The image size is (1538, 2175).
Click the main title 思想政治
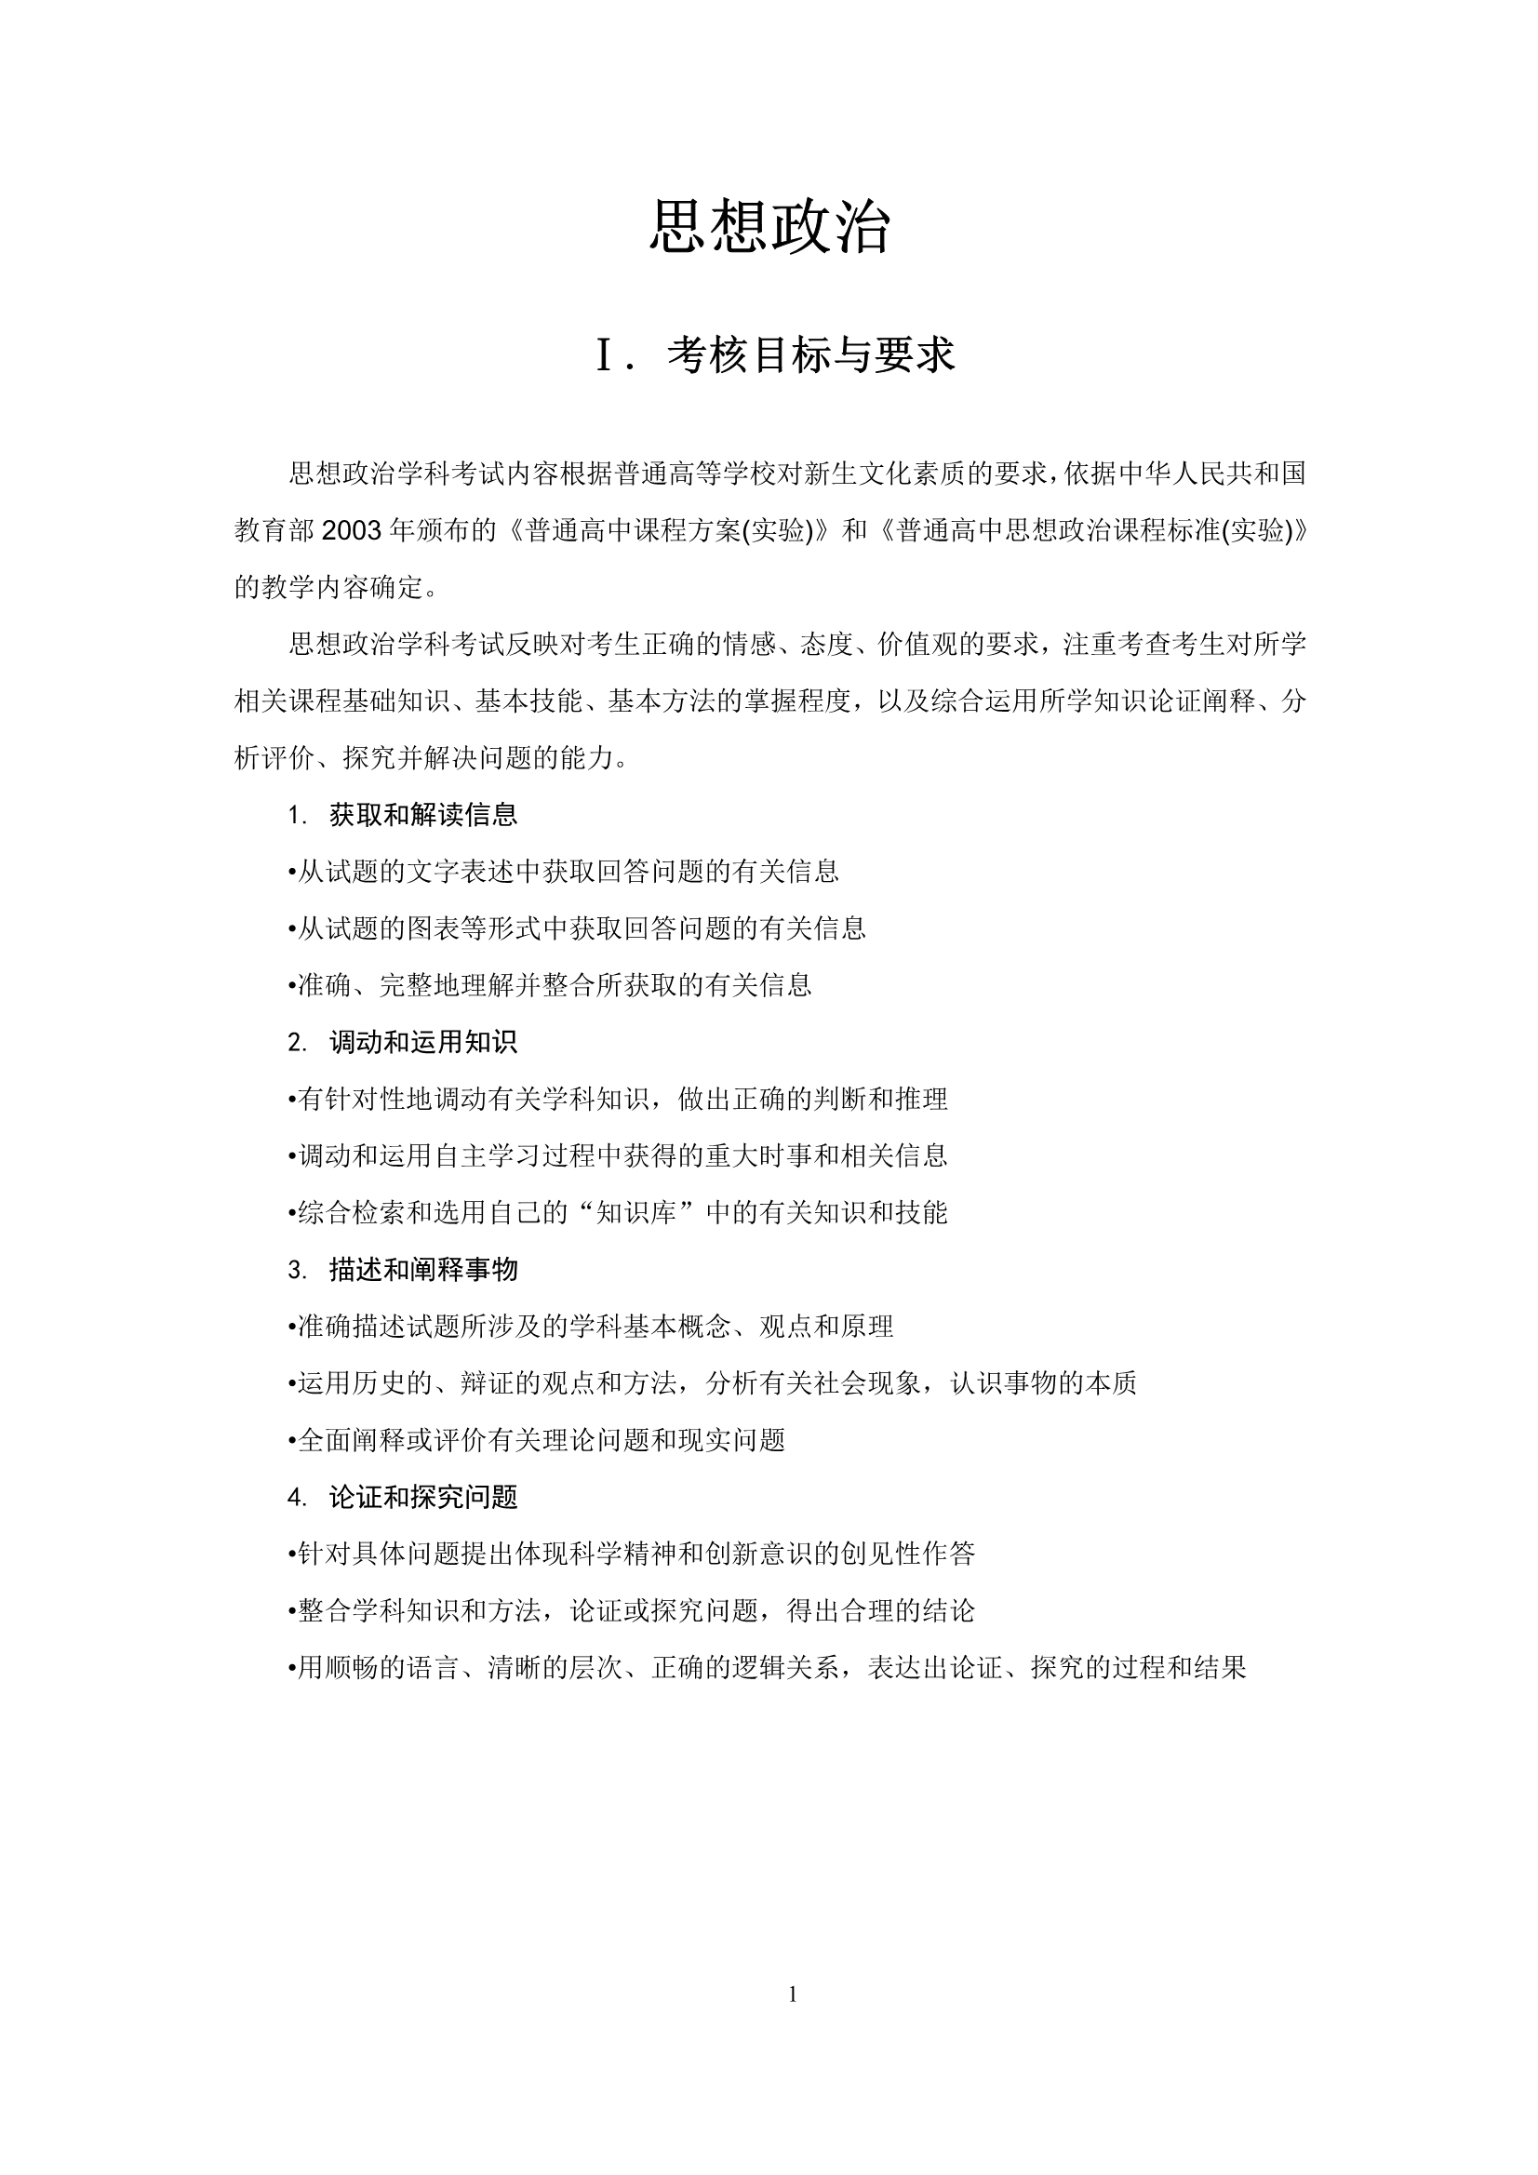pos(769,227)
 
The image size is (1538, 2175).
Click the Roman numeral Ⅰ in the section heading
pos(608,355)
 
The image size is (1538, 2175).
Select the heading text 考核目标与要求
pos(811,355)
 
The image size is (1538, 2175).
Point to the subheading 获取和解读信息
pos(422,815)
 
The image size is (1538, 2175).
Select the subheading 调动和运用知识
pos(422,1042)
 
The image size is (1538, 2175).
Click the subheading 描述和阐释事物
pos(422,1270)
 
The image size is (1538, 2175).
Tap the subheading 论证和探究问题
pos(422,1497)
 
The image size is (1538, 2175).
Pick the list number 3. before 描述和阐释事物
pos(298,1271)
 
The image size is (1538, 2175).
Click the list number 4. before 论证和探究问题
pos(298,1498)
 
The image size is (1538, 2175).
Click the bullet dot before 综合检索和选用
pos(293,1213)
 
